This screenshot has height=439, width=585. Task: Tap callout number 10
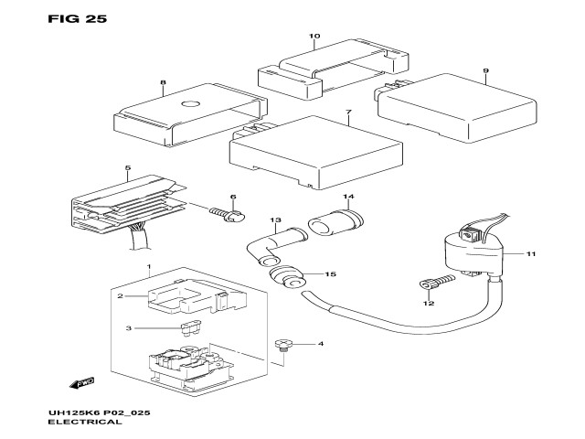[314, 37]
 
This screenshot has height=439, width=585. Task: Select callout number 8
[163, 83]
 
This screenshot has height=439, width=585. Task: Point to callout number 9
[486, 70]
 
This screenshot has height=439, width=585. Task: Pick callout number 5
[128, 167]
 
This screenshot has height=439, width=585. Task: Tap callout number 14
[347, 198]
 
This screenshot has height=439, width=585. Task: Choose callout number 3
[130, 327]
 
